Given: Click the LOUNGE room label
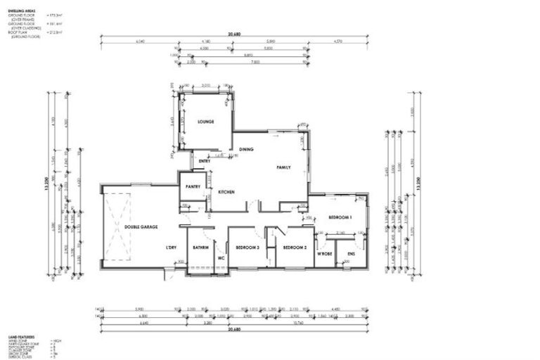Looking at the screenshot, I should (205, 122).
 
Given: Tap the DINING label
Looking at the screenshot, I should (245, 150).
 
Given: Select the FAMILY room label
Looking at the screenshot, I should (283, 167).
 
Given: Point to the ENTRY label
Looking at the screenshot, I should (205, 161).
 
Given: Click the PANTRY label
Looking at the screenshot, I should (193, 186).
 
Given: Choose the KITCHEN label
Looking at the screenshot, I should (226, 192).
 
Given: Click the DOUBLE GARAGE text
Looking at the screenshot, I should (141, 227).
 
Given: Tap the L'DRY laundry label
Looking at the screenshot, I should (170, 247).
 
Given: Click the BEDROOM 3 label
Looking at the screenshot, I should (247, 247).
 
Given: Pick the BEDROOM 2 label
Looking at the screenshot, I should (294, 247).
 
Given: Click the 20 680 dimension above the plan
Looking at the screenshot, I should (234, 34).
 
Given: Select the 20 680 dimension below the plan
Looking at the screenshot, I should (234, 329).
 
